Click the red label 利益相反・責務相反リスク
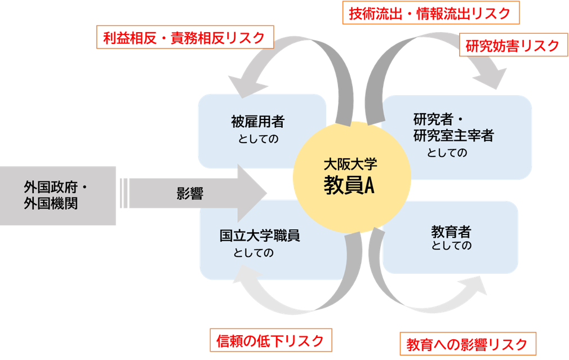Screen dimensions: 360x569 coord(184,38)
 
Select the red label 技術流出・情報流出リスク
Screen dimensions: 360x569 coord(430,14)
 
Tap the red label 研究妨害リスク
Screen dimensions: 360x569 coord(513,46)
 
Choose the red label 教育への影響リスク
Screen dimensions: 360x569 coord(467,344)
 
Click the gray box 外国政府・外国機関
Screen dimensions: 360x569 coord(58,195)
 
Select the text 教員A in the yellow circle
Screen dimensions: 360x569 coord(349,186)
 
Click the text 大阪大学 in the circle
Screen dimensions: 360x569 coord(350,165)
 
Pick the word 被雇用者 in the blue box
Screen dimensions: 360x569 coord(257,121)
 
